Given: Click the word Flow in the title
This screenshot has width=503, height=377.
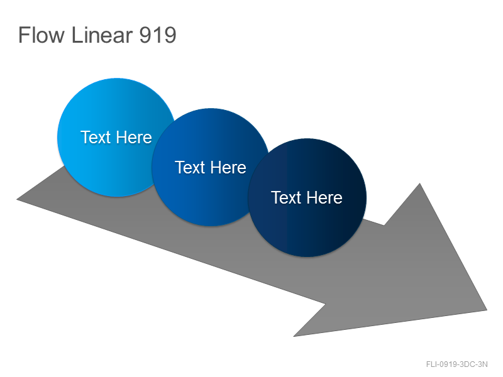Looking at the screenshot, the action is tap(41, 35).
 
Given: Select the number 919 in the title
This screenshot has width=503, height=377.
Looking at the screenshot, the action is tap(158, 35).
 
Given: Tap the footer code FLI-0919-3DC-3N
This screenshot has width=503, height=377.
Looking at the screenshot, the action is tap(457, 364).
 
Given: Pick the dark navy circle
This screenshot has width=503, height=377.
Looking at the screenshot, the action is tap(307, 197).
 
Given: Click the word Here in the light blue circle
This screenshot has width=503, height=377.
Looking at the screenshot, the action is tap(134, 137).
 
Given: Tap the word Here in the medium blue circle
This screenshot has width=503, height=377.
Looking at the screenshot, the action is tap(228, 167).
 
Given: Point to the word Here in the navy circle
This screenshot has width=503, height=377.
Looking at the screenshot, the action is tap(324, 197).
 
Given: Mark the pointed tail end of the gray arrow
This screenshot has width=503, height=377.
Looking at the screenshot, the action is tap(17, 199).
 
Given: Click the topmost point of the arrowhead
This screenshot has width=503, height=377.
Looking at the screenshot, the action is tap(419, 183).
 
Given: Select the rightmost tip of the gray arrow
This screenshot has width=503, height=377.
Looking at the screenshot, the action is tap(487, 310).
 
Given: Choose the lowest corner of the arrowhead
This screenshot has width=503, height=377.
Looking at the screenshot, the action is tap(294, 336).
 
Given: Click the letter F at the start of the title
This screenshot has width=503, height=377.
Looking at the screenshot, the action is tap(24, 35).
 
